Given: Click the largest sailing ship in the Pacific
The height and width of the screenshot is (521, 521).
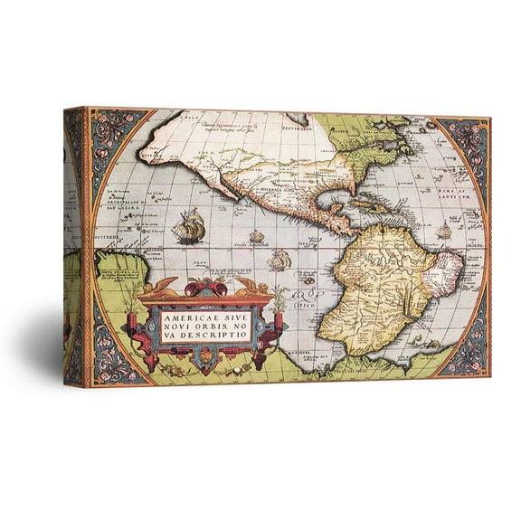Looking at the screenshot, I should (x=188, y=225).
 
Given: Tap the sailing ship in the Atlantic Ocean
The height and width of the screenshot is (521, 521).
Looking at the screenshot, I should (x=443, y=232).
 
